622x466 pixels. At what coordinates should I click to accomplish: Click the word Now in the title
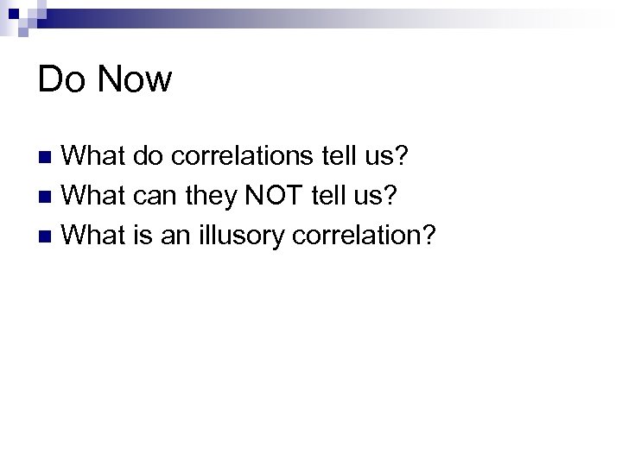[135, 80]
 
